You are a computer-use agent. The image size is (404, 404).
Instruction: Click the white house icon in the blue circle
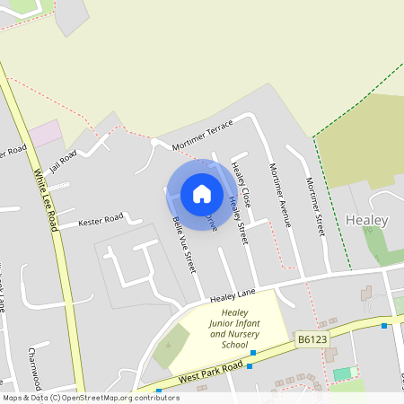(201, 193)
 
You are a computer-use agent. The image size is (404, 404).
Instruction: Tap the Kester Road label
(101, 220)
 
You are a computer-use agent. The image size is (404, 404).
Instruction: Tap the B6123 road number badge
(309, 338)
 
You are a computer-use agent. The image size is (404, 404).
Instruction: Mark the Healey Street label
(236, 220)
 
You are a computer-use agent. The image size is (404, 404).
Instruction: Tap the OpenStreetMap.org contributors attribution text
(117, 397)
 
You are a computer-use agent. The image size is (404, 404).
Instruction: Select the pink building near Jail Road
(45, 135)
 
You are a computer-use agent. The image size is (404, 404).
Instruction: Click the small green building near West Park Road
(342, 373)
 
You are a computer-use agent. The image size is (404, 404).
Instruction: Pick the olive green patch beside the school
(171, 346)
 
